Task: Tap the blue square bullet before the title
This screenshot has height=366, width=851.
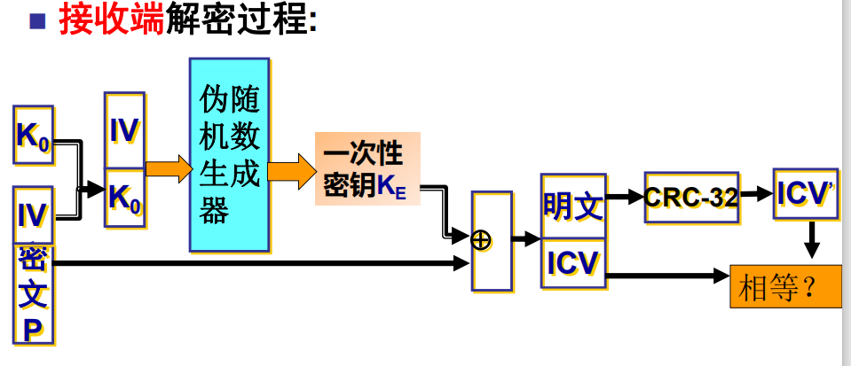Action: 37,20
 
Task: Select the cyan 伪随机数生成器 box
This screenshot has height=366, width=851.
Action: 229,154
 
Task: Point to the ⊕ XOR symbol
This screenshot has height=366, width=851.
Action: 482,239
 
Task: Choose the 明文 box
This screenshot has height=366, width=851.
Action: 573,206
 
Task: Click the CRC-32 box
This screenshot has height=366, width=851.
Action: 691,197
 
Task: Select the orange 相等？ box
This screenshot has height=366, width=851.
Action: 784,286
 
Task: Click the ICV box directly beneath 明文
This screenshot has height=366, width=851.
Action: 573,263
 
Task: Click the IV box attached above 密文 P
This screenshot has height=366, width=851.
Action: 33,214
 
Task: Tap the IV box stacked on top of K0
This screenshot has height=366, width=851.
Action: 124,130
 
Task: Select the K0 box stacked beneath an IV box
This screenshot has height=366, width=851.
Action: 124,195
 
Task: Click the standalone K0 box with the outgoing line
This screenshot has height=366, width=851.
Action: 34,136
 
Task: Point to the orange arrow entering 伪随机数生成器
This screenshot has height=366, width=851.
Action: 169,168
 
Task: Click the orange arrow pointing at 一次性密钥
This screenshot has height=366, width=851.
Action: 292,168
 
